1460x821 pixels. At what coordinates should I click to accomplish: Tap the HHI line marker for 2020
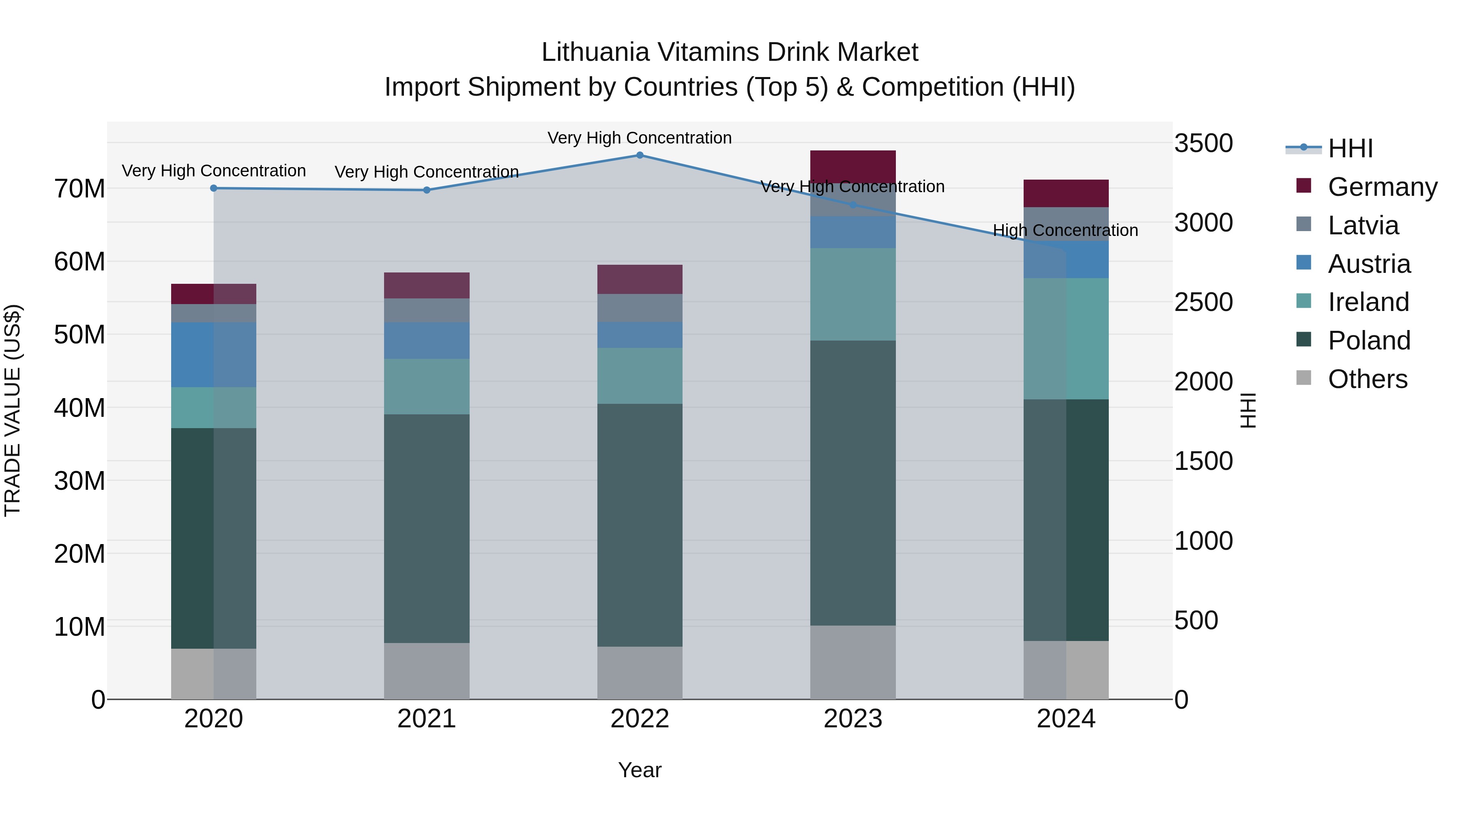[214, 188]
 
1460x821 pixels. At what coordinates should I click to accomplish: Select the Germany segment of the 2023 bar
[852, 167]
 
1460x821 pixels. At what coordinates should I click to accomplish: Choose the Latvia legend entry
[1363, 225]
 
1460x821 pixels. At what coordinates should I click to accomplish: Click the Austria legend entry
[1368, 264]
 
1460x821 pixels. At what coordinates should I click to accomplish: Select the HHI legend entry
[1350, 148]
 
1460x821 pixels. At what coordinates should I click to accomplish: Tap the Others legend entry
[1367, 379]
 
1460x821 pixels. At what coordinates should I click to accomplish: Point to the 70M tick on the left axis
[79, 189]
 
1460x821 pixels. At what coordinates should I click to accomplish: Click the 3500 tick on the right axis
[1203, 144]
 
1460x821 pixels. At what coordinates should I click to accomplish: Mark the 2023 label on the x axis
[852, 719]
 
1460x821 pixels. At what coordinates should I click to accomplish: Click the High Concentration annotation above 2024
[1065, 231]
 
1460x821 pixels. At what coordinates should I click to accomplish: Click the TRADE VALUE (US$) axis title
[13, 410]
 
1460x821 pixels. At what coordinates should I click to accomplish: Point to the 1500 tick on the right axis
[1203, 461]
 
